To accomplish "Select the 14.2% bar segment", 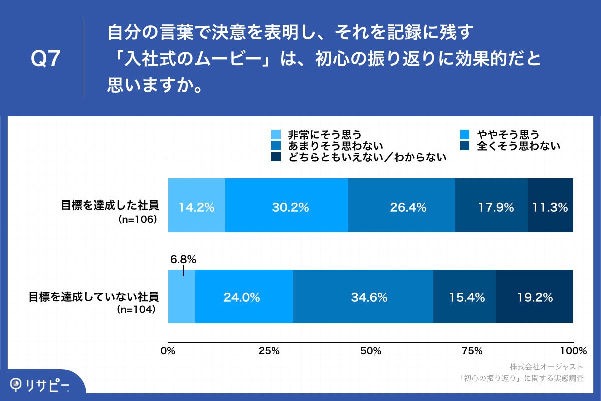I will [197, 206].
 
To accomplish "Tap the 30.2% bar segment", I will [286, 206].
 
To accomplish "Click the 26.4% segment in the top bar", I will [402, 206].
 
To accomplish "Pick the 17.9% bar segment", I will [491, 206].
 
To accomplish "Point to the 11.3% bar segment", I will [550, 206].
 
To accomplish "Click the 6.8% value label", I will [183, 260].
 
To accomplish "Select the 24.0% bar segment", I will [244, 297].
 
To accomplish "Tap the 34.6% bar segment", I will [363, 297].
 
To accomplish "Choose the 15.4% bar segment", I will [464, 297].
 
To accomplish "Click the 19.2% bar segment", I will [534, 297].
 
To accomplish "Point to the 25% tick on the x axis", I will [269, 350].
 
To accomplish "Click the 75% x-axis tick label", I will [472, 350].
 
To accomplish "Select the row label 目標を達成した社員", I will [110, 205].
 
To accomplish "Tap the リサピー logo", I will [40, 384].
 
